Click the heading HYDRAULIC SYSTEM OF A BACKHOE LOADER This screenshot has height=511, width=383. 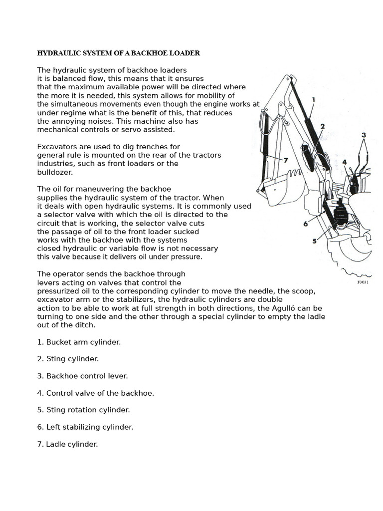119,53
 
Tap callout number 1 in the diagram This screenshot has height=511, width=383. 313,100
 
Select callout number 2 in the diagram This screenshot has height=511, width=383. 323,126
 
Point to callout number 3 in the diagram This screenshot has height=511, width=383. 364,135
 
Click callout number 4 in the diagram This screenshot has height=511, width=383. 345,162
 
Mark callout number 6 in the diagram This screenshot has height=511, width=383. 306,224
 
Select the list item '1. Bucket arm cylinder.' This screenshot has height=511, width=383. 79,342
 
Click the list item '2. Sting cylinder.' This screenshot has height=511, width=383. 68,359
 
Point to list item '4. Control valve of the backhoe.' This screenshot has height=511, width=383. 95,393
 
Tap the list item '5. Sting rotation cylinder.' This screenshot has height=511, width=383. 83,410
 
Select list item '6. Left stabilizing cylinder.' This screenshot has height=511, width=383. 85,427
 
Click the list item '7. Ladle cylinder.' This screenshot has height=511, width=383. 67,444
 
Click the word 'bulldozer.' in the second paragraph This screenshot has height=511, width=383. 55,172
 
